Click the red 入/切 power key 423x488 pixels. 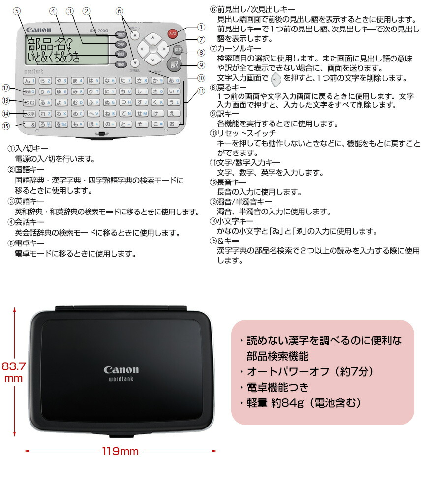coord(172,34)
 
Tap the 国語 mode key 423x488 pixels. coord(121,35)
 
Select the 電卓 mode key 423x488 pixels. coord(121,64)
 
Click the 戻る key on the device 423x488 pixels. coord(178,50)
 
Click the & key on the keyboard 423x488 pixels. coord(30,124)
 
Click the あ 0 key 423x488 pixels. coord(174,81)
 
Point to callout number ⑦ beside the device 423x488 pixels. coord(201,39)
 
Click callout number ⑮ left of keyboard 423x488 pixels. coord(6,126)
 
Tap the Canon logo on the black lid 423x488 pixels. coord(121,370)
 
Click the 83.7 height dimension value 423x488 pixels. coord(13,366)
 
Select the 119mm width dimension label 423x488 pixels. coord(121,451)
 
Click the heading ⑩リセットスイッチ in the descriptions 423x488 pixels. coord(243,133)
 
